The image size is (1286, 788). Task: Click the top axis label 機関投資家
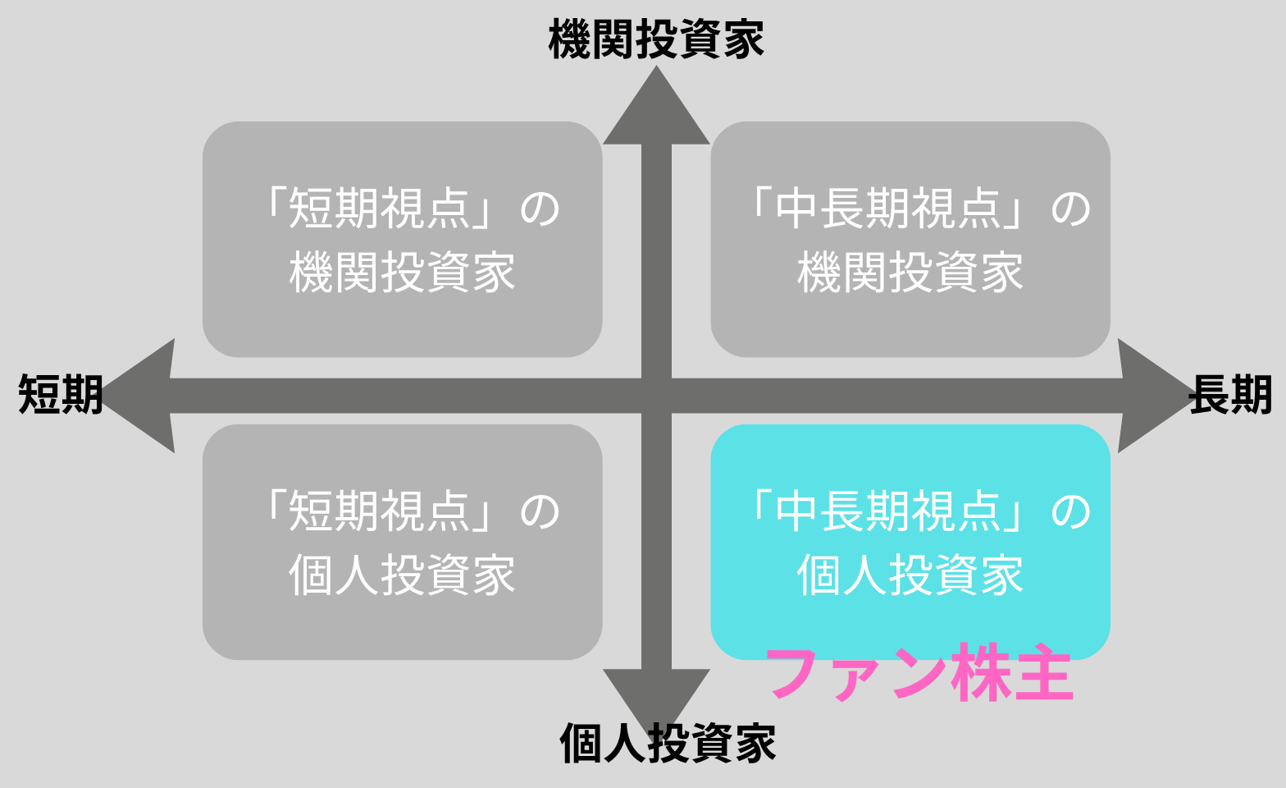[x=655, y=39]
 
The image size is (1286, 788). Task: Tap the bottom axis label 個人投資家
[x=668, y=743]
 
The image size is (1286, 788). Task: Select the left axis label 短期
[x=60, y=395]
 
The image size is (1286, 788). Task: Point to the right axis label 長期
[x=1230, y=395]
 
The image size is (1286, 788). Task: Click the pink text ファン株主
[x=919, y=674]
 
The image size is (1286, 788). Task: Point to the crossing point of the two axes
[x=656, y=396]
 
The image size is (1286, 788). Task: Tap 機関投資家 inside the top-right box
[x=910, y=273]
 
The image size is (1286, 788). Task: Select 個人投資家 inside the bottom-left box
[x=402, y=575]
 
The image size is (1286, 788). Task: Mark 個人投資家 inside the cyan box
[x=910, y=575]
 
